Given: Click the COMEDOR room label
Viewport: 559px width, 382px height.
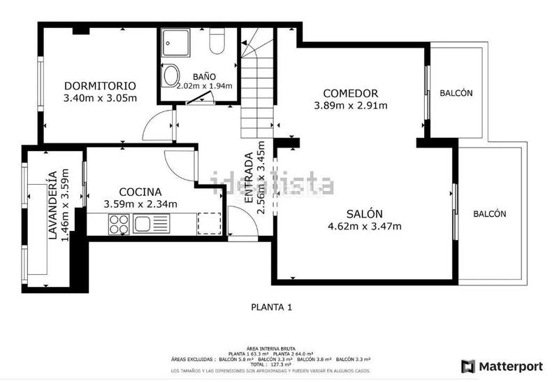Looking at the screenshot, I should [x=351, y=94].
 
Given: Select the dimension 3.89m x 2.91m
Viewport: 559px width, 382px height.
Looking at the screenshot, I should [x=351, y=106].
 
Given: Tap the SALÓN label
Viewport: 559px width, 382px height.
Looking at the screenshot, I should [x=364, y=214].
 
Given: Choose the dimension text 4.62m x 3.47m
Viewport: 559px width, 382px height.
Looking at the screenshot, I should [x=364, y=226].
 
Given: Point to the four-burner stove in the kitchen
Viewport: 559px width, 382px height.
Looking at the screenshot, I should [x=118, y=224].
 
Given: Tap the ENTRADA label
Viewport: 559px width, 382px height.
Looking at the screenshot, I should [x=249, y=178].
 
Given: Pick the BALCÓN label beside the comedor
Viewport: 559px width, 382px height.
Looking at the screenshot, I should [x=456, y=93].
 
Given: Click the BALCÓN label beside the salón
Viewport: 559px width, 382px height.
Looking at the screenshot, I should [x=488, y=214].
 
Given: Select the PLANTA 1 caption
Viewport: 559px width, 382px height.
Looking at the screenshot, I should [x=270, y=306].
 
